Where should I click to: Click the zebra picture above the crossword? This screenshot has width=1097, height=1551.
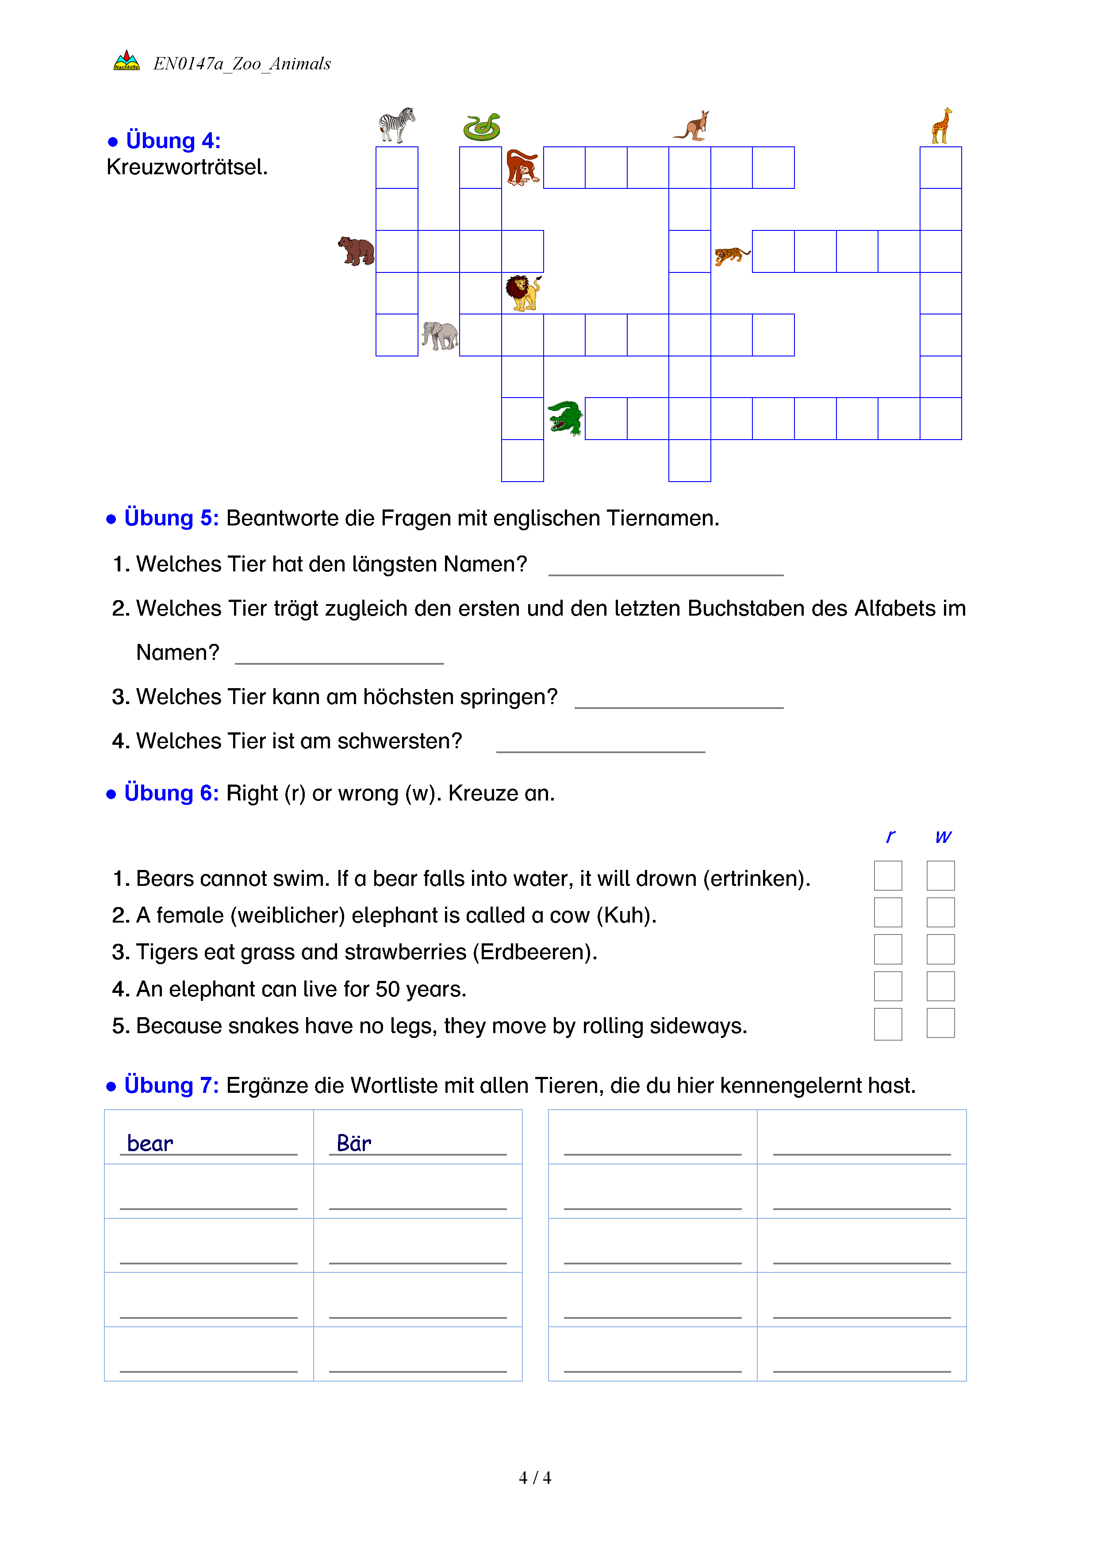pyautogui.click(x=396, y=125)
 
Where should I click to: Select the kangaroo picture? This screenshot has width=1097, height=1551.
pyautogui.click(x=692, y=126)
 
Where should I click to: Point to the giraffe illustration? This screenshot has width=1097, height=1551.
pyautogui.click(x=941, y=126)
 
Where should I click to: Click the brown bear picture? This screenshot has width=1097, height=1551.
pyautogui.click(x=356, y=251)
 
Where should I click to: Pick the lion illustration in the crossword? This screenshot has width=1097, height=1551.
pyautogui.click(x=523, y=292)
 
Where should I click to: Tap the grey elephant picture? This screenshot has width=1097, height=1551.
pyautogui.click(x=440, y=335)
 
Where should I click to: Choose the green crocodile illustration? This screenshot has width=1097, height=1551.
pyautogui.click(x=565, y=418)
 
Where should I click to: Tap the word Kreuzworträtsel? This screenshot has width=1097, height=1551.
pyautogui.click(x=187, y=167)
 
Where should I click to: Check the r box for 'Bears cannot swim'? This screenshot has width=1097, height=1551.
pyautogui.click(x=888, y=876)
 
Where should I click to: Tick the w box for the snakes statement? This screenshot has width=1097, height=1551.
pyautogui.click(x=940, y=1023)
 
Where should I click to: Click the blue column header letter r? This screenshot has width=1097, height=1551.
pyautogui.click(x=890, y=836)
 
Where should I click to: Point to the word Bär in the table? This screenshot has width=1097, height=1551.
pyautogui.click(x=354, y=1143)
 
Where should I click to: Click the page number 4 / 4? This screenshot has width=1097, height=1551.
pyautogui.click(x=534, y=1478)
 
